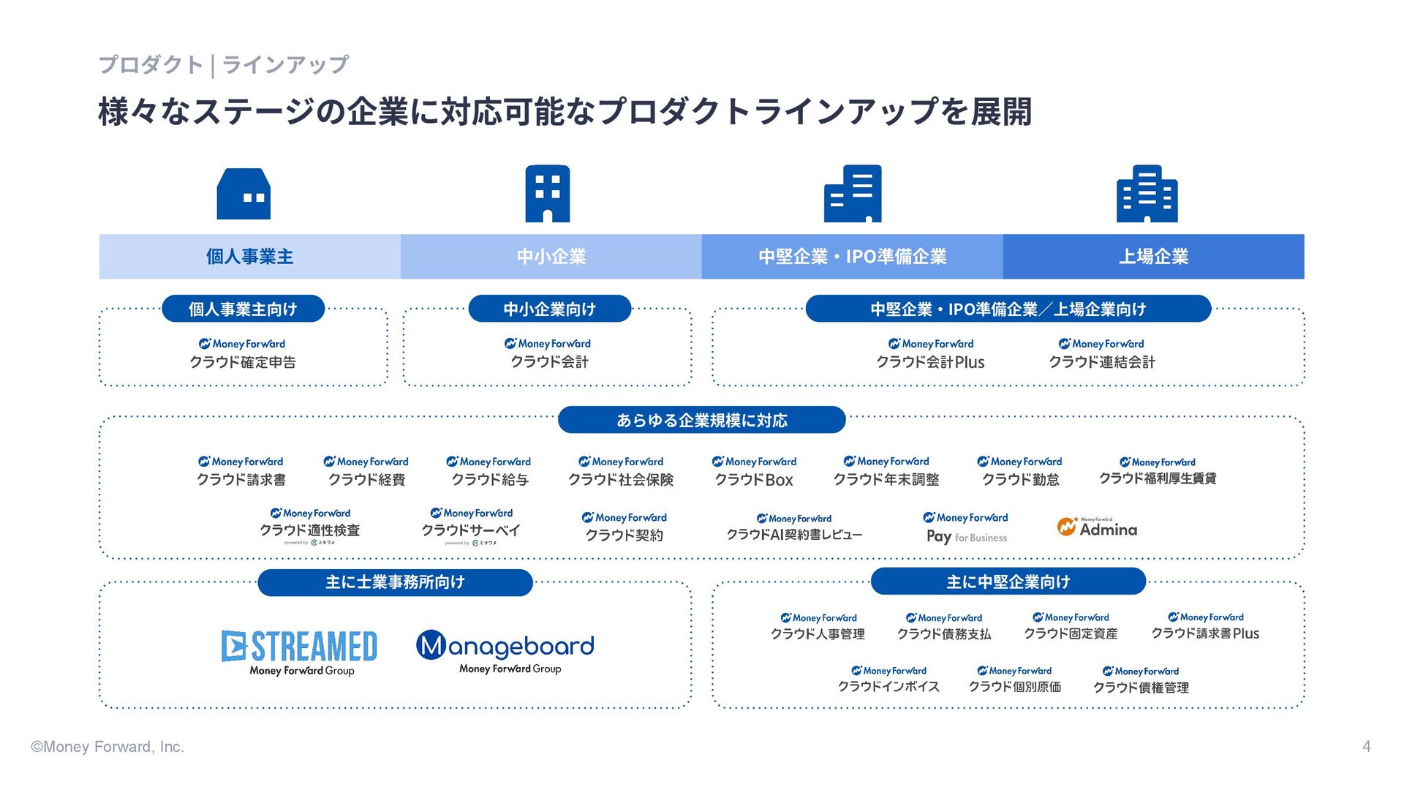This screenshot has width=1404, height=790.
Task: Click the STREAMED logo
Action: coord(300,647)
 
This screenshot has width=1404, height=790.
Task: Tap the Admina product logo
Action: coord(1097,528)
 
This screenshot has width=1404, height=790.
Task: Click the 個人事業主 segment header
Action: coord(249,257)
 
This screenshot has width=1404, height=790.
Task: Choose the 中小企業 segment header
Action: coord(551,257)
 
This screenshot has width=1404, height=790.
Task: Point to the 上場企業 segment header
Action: coord(1153,257)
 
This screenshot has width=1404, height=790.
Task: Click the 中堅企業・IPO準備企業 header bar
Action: coord(852,257)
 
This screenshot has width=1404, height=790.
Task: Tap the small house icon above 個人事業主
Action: coord(244,194)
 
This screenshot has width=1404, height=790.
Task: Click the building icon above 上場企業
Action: coord(1147,194)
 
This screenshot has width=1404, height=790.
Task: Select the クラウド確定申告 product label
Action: coord(243,361)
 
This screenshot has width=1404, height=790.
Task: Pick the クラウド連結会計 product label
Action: coord(1102,361)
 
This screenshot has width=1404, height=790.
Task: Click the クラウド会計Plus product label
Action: coord(930,361)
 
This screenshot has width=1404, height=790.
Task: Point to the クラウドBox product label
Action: coord(754,479)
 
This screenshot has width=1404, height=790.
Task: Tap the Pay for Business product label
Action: coord(966,536)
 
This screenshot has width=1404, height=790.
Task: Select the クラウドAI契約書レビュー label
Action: coord(794,535)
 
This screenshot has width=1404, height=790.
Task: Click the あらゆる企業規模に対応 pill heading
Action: coord(701,421)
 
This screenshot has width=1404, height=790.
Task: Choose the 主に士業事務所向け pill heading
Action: coord(395,582)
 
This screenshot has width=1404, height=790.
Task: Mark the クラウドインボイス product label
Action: coord(888,687)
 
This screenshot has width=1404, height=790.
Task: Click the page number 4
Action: coord(1366,746)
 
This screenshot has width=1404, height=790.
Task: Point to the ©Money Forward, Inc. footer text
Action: coord(107,747)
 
